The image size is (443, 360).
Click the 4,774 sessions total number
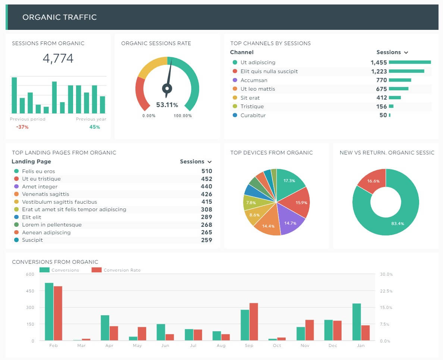click(58, 59)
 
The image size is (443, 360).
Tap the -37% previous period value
click(22, 127)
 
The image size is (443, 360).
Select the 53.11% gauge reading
click(167, 105)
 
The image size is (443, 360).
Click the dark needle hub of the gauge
click(167, 88)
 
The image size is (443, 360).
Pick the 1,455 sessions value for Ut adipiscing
click(378, 62)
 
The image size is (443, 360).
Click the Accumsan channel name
click(254, 80)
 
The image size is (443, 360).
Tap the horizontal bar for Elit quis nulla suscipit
click(406, 71)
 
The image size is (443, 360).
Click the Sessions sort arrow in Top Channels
click(406, 53)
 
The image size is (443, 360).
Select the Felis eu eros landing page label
click(38, 171)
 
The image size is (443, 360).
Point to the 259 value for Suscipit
click(206, 240)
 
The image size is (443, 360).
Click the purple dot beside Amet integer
click(16, 187)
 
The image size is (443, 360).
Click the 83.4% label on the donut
click(398, 223)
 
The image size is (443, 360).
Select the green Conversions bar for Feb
click(49, 312)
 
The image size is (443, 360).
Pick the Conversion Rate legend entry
click(116, 270)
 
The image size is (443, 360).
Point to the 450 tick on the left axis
click(30, 291)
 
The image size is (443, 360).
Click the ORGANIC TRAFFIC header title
click(59, 17)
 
